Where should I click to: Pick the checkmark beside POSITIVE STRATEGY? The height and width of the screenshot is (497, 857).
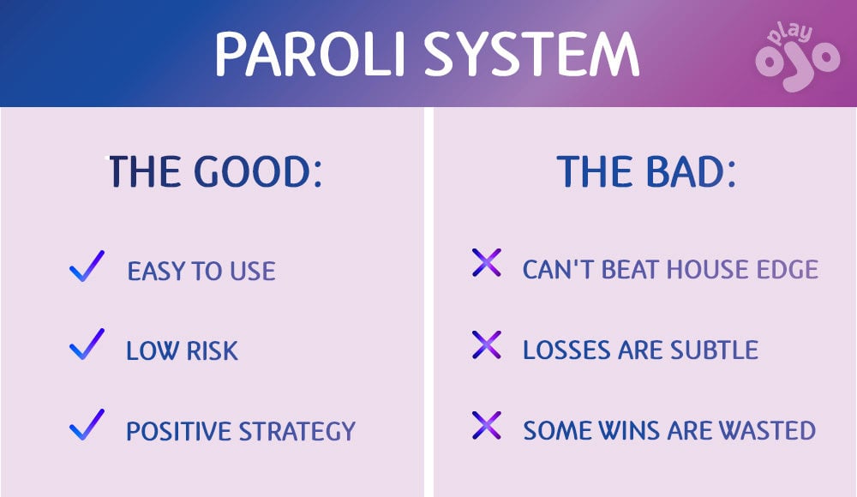point(87,425)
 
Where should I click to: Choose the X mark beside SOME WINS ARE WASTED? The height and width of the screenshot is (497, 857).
point(486,426)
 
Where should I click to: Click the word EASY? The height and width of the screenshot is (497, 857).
point(157,272)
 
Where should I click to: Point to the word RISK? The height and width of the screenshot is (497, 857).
point(210,350)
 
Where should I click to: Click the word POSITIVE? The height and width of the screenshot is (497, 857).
point(178,431)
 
